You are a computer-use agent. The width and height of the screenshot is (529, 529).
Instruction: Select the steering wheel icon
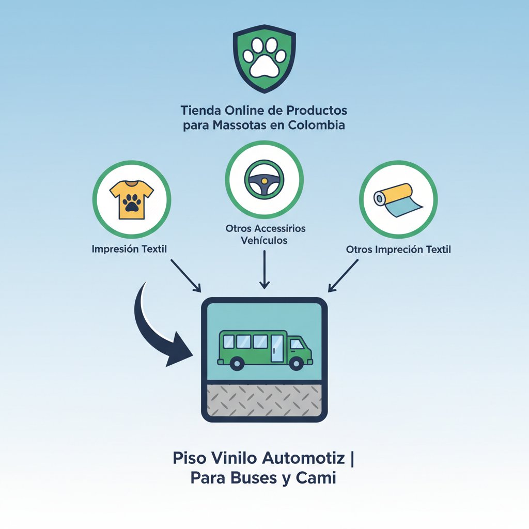click(x=264, y=180)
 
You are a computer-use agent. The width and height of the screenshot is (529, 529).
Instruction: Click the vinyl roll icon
click(x=398, y=200)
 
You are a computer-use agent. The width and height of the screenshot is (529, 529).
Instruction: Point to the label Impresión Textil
click(x=129, y=250)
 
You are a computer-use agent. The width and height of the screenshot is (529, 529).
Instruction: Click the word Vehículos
click(x=264, y=241)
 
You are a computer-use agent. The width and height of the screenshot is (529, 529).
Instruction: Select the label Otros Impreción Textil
click(x=398, y=250)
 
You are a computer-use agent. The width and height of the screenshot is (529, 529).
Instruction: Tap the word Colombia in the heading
click(x=317, y=125)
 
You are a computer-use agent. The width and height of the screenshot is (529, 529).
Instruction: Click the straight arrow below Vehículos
click(x=264, y=270)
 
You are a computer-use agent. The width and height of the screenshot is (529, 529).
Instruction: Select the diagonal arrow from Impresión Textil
click(x=186, y=275)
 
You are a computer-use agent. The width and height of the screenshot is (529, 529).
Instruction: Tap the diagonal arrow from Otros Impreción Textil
click(x=343, y=275)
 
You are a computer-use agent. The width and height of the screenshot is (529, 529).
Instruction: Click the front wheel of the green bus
click(x=296, y=363)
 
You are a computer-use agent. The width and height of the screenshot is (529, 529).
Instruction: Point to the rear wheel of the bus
click(x=237, y=363)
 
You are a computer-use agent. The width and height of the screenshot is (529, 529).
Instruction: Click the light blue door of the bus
click(x=277, y=349)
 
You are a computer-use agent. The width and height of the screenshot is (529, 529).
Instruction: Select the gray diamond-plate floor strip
click(x=264, y=400)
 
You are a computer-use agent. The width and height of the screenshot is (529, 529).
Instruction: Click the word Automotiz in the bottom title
click(x=304, y=458)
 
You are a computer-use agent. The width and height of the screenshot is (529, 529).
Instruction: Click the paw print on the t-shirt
click(x=132, y=203)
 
